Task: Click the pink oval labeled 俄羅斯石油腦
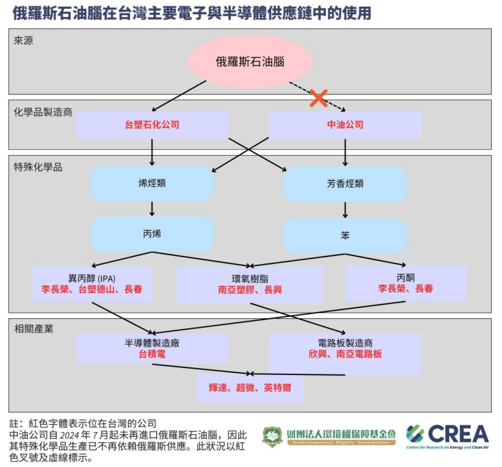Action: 250,62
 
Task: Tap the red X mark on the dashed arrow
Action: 318,98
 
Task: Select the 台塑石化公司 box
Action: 152,125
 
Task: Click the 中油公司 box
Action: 345,125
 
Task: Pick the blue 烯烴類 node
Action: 152,183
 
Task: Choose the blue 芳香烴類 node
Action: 345,184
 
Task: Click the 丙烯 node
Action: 152,234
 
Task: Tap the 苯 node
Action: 345,236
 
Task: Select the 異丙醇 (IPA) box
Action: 92,284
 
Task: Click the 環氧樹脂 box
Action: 250,284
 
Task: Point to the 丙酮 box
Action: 406,283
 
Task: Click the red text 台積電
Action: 152,354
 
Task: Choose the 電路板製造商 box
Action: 345,349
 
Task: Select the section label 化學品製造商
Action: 43,112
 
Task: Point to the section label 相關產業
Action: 34,329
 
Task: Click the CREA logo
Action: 447,435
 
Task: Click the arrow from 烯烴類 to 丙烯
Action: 152,209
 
